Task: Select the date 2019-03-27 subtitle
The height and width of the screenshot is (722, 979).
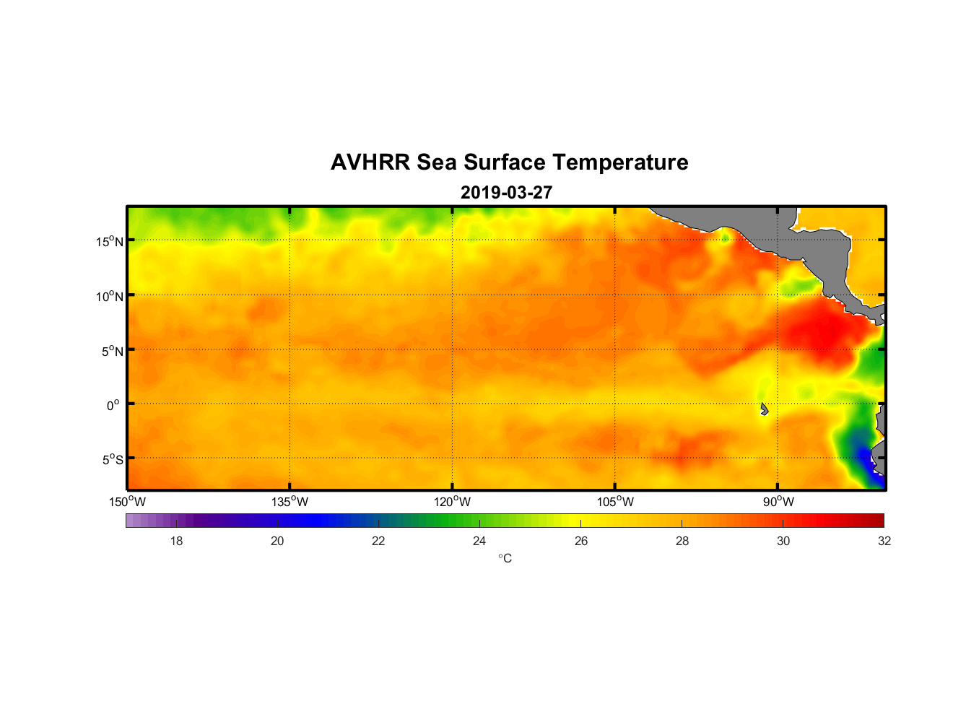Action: coord(506,193)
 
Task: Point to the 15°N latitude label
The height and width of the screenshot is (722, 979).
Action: coord(110,241)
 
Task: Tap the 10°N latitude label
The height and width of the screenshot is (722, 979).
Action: coord(110,296)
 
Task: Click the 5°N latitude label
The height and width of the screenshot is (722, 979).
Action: coord(112,351)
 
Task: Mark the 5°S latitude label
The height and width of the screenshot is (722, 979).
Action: coord(112,460)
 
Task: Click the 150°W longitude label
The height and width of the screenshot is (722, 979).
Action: coord(127,502)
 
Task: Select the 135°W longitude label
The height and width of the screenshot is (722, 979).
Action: coord(290,502)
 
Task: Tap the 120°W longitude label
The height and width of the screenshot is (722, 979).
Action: coord(452,502)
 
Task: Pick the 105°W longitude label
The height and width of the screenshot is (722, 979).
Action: coord(615,502)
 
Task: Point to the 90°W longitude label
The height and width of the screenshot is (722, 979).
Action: coord(778,502)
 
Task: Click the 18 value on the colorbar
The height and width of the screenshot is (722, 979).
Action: coord(176,541)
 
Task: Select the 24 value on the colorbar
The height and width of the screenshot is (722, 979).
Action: coord(479,541)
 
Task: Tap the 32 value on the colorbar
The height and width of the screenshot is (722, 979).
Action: coord(884,541)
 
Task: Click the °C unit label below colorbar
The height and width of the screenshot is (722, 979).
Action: coord(505,558)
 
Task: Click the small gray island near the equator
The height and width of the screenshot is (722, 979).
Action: coord(764,409)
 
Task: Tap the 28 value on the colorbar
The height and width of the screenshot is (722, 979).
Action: coord(682,541)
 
